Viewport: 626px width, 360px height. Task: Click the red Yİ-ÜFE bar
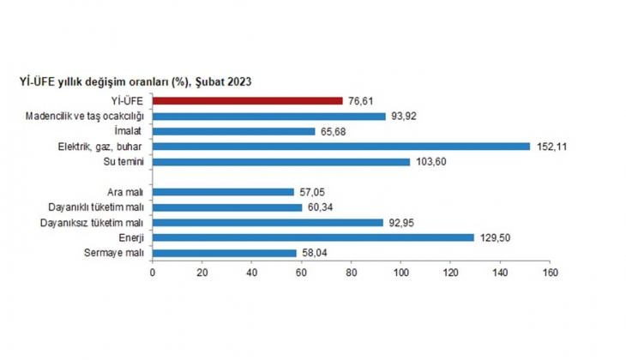pos(247,100)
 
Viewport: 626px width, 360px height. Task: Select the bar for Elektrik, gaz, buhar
pos(340,147)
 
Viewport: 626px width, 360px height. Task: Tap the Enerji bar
pos(313,237)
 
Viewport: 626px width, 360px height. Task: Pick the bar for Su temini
pos(280,161)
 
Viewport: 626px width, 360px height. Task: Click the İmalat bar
pos(233,131)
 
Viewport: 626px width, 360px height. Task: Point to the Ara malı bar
pos(223,192)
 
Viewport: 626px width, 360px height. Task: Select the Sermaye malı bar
pos(225,253)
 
